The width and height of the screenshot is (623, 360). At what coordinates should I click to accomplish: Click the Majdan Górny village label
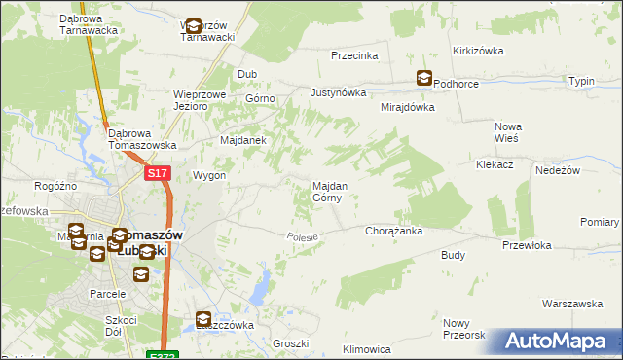326,191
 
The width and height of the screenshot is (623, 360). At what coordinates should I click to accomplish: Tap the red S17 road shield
160,173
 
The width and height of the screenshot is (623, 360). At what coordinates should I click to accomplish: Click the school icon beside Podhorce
424,79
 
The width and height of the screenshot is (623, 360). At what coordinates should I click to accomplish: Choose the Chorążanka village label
392,232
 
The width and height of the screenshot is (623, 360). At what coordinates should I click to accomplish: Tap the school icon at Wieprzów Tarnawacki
193,27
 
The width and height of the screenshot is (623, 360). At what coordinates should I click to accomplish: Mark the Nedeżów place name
557,169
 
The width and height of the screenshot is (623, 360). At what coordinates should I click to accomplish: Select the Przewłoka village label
527,246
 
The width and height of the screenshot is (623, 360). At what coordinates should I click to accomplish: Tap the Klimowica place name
367,349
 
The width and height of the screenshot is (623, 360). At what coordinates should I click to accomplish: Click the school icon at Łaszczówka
203,318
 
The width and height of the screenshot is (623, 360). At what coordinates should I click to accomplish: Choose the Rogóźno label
55,186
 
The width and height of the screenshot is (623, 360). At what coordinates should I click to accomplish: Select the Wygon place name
209,176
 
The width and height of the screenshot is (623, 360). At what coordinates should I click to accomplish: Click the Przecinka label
353,55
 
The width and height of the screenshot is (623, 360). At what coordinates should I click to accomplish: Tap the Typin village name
581,81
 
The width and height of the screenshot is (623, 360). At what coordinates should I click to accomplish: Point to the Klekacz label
495,166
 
